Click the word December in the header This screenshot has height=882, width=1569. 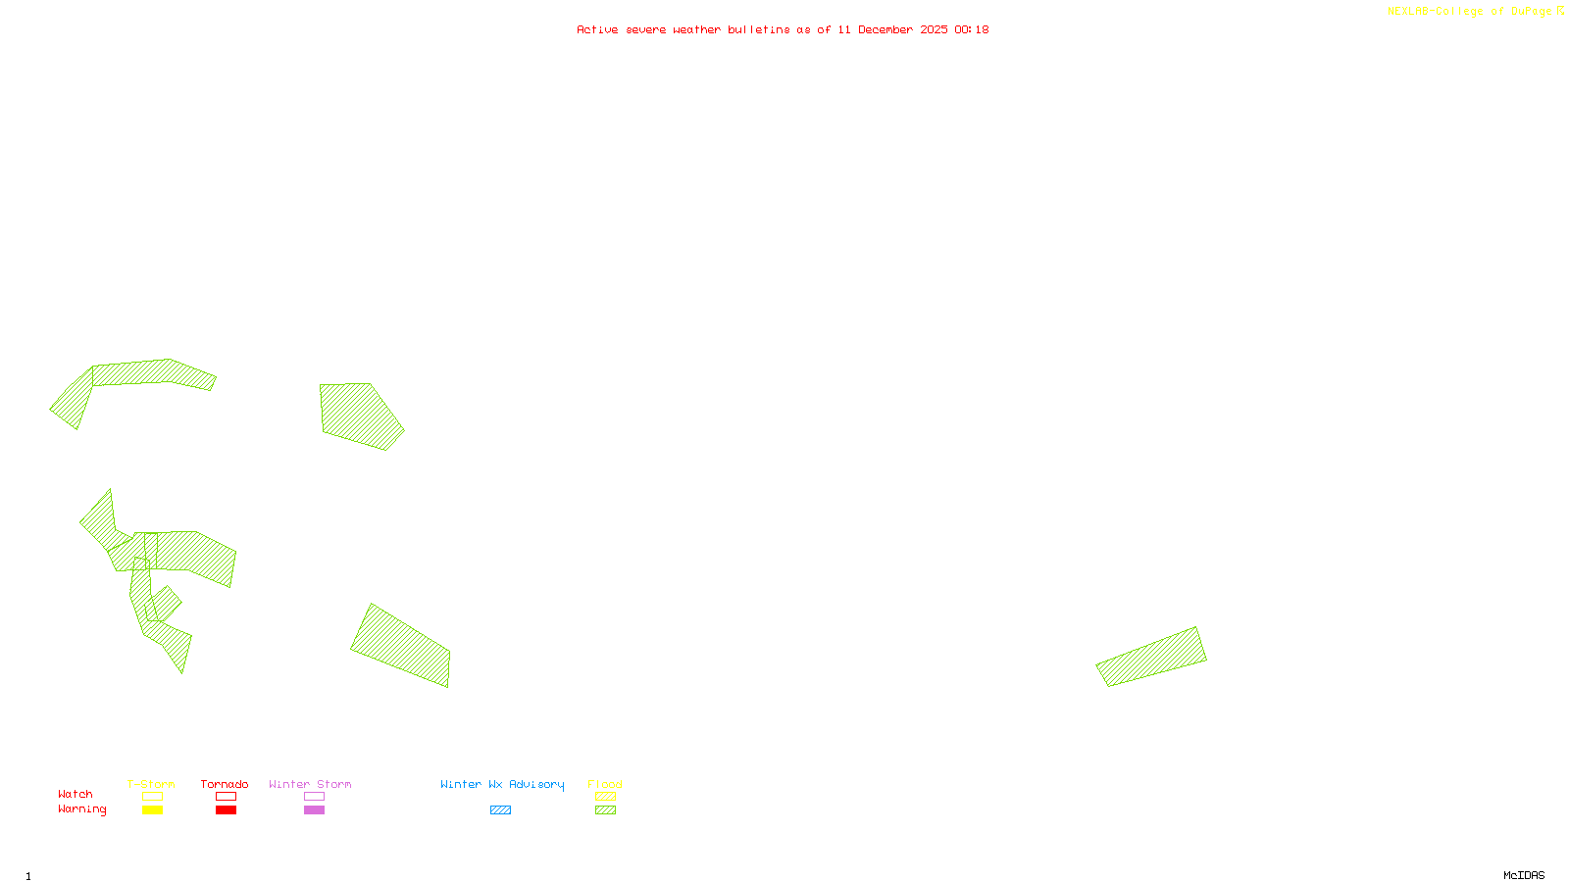[x=886, y=29]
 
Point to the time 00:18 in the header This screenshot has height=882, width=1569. [x=972, y=29]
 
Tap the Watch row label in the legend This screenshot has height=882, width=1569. [x=76, y=794]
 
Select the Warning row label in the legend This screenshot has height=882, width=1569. [x=82, y=809]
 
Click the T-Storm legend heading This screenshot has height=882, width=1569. [x=151, y=784]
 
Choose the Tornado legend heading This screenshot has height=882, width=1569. [x=225, y=784]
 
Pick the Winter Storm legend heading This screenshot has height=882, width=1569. [x=310, y=784]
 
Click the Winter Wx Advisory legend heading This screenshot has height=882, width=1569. [x=502, y=784]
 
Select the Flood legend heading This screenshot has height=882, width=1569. [x=605, y=784]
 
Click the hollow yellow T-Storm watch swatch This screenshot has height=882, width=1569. [x=152, y=797]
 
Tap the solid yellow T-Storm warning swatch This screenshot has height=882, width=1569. [x=152, y=810]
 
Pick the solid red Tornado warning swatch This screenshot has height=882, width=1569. [x=226, y=810]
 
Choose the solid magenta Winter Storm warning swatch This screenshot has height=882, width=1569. [x=314, y=810]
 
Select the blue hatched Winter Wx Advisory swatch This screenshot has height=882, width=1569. [x=500, y=810]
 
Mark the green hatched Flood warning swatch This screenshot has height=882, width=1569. [x=605, y=810]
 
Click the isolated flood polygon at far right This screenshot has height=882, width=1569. [x=1152, y=657]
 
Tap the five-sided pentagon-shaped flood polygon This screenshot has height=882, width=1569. [x=359, y=415]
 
